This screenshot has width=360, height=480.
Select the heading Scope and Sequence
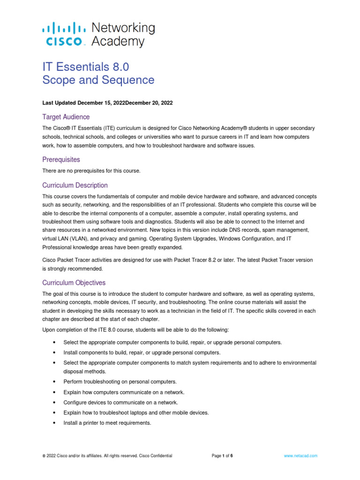click(x=98, y=80)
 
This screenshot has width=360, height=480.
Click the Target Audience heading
click(x=66, y=117)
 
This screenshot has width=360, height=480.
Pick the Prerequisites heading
click(x=61, y=159)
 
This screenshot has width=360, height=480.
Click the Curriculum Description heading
click(x=75, y=185)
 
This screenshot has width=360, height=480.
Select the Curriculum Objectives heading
click(x=74, y=283)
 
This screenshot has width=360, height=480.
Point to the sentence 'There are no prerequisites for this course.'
click(x=91, y=171)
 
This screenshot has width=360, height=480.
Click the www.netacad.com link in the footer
click(x=301, y=456)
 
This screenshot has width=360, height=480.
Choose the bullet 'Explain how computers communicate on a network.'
click(x=124, y=392)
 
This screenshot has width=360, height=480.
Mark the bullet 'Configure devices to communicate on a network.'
click(x=121, y=403)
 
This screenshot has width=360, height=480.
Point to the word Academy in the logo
click(x=118, y=42)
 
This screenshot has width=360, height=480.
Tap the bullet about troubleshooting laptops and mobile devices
click(x=136, y=412)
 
